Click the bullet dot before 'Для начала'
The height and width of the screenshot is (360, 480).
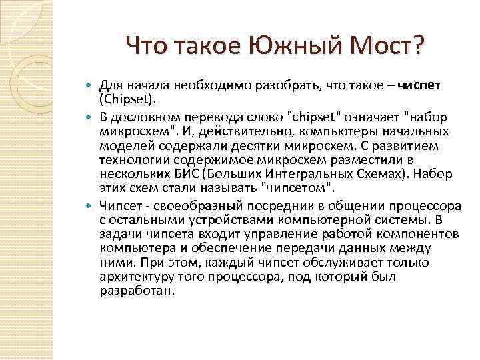point(90,86)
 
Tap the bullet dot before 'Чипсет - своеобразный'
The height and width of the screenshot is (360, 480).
point(90,205)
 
